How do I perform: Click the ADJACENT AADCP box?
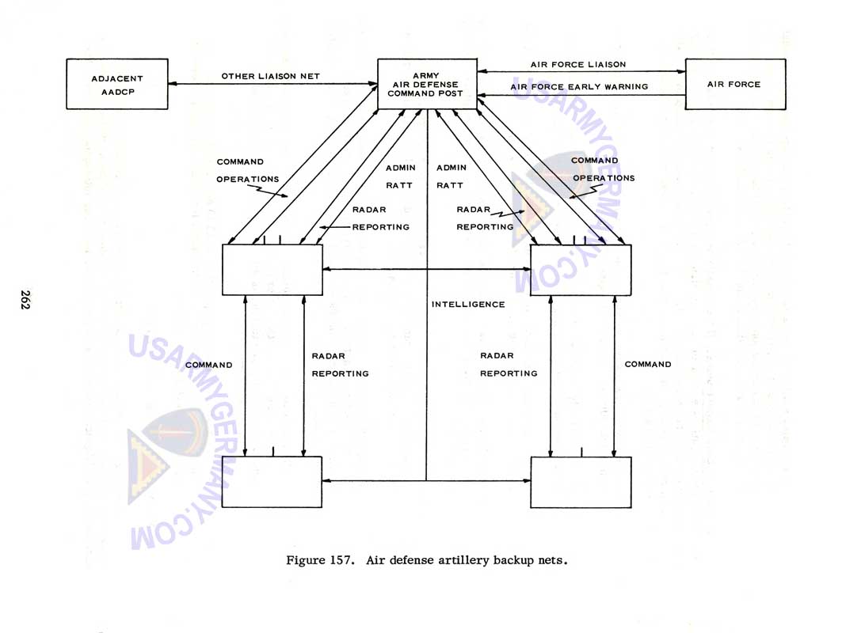116,84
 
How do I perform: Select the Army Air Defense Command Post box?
427,84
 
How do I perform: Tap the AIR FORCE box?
734,84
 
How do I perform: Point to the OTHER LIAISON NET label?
270,77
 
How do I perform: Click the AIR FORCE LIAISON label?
577,65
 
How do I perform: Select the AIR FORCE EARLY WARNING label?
579,87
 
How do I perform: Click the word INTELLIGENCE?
468,305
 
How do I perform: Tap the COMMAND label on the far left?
209,365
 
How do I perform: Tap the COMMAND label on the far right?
648,365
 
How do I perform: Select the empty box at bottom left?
272,482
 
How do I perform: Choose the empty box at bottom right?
581,482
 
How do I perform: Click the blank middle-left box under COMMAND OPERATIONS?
272,270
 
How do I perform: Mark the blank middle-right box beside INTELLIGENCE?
581,270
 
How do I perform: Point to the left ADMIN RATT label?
399,176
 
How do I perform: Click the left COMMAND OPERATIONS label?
247,171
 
